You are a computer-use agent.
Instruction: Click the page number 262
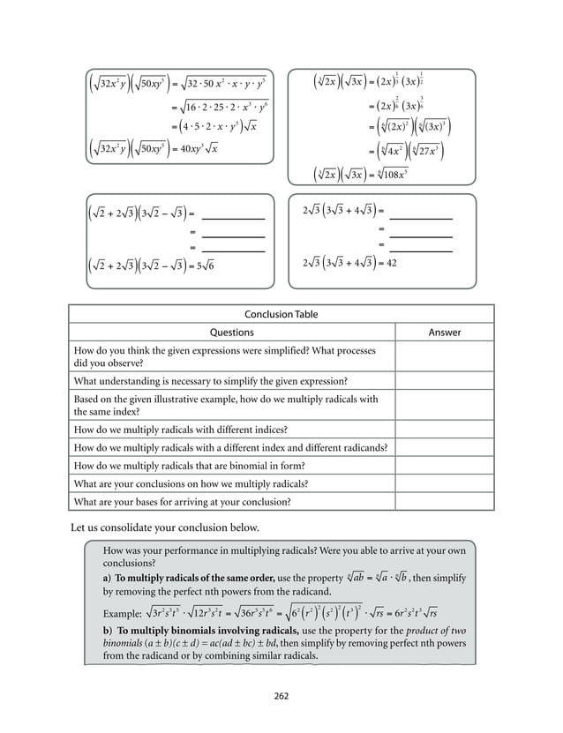coord(281,697)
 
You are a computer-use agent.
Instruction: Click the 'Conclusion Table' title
coord(281,314)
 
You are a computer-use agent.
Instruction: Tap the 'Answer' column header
coord(444,333)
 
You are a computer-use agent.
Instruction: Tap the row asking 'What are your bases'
coord(183,501)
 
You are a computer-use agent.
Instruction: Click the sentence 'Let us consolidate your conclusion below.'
coord(164,527)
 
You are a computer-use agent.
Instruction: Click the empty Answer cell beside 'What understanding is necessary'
coord(444,381)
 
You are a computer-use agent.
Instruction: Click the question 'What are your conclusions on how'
coord(191,483)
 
